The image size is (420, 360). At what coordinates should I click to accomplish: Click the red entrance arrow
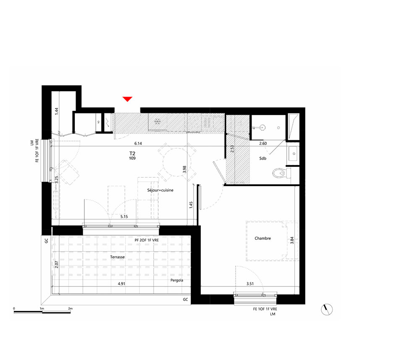point(128,99)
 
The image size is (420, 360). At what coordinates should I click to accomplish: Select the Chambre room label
point(262,238)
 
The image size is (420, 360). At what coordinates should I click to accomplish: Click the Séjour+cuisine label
point(160,190)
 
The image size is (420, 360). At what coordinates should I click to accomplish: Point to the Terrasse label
point(117,257)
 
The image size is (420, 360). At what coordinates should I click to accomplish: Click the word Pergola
point(177,280)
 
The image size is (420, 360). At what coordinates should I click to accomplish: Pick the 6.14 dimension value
point(138,143)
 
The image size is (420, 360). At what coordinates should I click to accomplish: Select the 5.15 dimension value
point(124,216)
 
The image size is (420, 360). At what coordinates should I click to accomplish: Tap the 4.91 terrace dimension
point(121,284)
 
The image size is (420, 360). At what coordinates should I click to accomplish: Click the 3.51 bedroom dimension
point(250,284)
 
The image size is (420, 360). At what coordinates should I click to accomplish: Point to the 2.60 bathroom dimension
point(263,143)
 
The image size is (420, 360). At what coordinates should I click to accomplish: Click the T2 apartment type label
point(132,153)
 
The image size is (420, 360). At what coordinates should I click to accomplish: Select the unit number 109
point(132,158)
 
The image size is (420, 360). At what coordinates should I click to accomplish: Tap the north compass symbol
point(327,310)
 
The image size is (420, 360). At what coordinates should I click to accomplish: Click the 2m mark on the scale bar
point(70,309)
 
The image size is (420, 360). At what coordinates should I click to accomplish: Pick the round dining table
point(177,162)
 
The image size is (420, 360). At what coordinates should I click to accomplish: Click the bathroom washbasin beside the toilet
point(293,153)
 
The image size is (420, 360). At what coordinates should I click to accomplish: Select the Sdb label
point(263,158)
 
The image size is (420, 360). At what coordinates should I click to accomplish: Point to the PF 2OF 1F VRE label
point(147,240)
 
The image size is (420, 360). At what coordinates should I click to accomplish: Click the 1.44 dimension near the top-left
point(56,111)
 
